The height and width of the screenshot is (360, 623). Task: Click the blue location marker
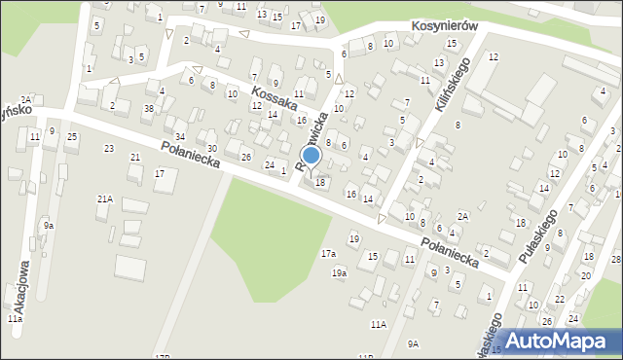[x=311, y=156]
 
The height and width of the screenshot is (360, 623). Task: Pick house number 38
[x=148, y=108]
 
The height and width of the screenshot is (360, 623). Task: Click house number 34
[x=180, y=136]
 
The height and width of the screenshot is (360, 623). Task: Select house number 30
[x=211, y=148]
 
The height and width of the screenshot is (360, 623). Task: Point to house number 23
[x=109, y=148]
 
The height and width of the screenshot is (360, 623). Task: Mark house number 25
[x=72, y=136]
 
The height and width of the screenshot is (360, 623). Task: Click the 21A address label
[x=104, y=198]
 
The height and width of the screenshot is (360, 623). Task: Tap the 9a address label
[x=48, y=226]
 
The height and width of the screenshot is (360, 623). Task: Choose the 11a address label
[x=15, y=318]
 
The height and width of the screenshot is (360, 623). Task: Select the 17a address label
[x=329, y=254]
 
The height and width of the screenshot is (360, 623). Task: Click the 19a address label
[x=339, y=273]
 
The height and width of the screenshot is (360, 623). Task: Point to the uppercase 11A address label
[x=378, y=324]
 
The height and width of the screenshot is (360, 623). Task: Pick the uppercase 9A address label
[x=413, y=343]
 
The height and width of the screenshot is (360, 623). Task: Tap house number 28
[x=615, y=259]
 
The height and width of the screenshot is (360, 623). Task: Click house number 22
[x=559, y=299]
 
